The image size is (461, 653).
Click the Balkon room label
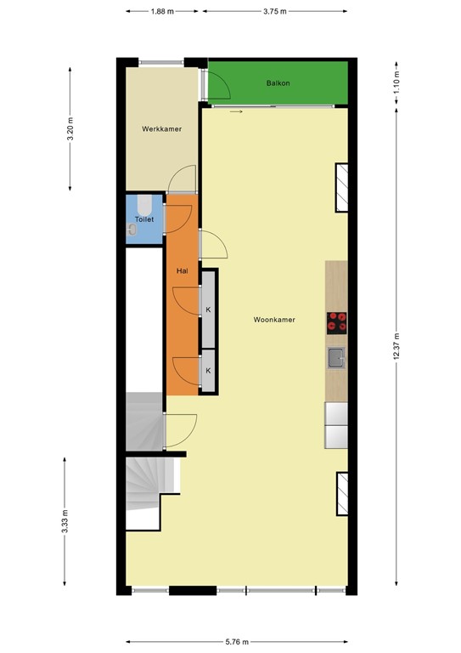tap(278, 83)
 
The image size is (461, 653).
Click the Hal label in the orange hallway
tap(181, 270)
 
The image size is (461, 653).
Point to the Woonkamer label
tap(273, 320)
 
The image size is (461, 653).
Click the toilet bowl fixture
tap(144, 204)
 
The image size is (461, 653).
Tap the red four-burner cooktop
tap(337, 322)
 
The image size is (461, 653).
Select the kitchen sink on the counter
tap(336, 358)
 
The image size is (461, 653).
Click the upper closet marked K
tap(207, 309)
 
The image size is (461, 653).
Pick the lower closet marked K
tap(207, 371)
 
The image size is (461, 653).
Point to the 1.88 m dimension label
tap(162, 12)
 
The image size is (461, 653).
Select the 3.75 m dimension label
tap(275, 12)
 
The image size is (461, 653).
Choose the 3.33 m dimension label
tap(65, 520)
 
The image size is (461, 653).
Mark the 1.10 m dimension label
tap(396, 82)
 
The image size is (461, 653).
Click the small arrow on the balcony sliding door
tap(236, 111)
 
